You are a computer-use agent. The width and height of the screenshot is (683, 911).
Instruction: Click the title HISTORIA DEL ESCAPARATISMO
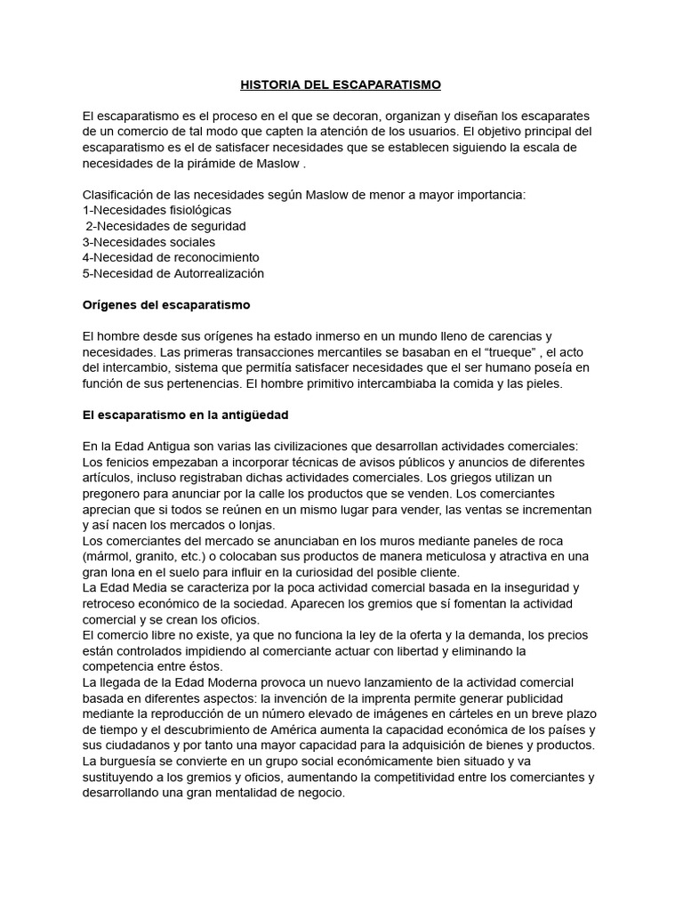[341, 85]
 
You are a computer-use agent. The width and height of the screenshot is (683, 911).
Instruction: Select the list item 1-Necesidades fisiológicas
[157, 210]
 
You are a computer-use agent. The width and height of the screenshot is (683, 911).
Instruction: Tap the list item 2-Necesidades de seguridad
[165, 226]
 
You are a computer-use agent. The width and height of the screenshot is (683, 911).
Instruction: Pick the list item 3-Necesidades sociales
[149, 242]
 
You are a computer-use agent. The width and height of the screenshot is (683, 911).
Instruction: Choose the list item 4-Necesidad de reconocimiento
[171, 257]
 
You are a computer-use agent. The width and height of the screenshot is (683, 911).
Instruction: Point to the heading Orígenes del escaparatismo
[166, 305]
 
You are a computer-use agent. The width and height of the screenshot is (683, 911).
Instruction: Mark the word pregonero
[113, 495]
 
